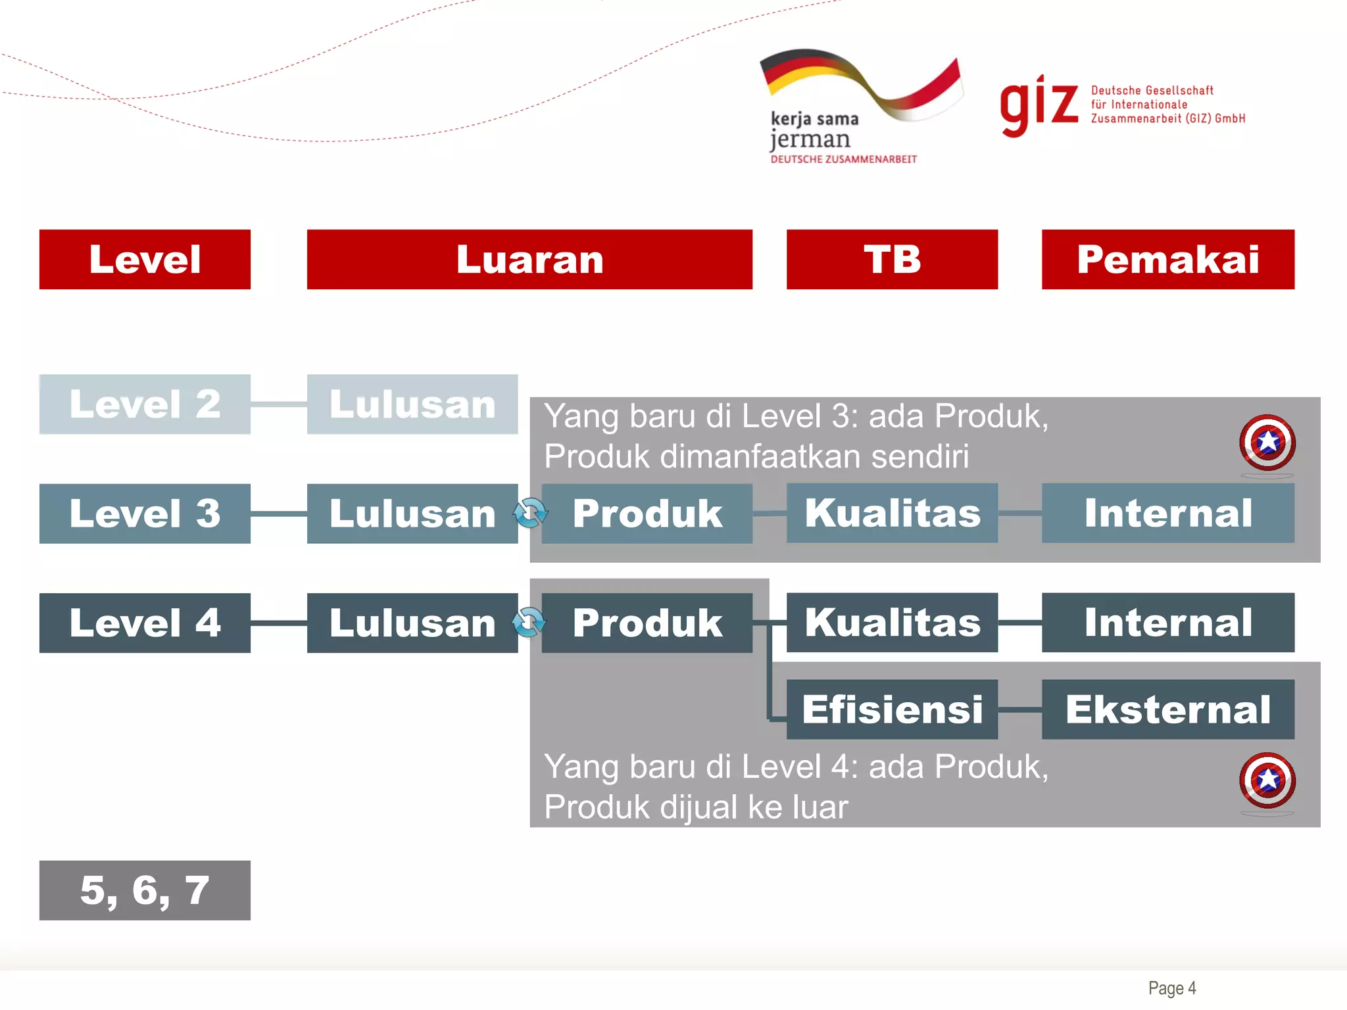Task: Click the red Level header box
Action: [145, 259]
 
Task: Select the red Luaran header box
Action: [529, 259]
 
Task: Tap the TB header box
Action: [892, 259]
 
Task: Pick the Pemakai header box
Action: [1168, 259]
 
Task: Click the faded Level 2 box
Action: [145, 404]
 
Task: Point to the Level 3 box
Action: [145, 514]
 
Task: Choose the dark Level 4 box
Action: [145, 623]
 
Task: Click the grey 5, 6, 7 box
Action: [145, 890]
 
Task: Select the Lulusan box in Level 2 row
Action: [412, 404]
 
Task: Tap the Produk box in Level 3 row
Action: [647, 514]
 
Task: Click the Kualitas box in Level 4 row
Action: [892, 623]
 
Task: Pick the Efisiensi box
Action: [892, 709]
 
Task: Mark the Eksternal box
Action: [1168, 709]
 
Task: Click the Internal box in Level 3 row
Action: [1168, 514]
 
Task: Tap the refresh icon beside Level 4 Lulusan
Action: [529, 622]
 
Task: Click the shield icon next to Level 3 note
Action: [1267, 443]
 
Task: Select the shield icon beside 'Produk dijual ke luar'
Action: [1267, 781]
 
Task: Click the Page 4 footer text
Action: [1172, 988]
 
